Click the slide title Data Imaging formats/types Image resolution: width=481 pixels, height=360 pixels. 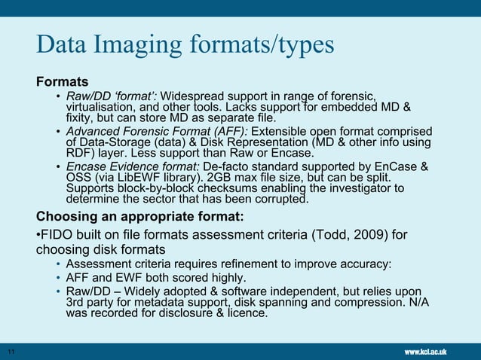point(185,45)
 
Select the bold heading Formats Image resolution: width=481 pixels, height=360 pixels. point(63,81)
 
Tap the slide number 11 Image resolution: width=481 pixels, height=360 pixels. point(11,352)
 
